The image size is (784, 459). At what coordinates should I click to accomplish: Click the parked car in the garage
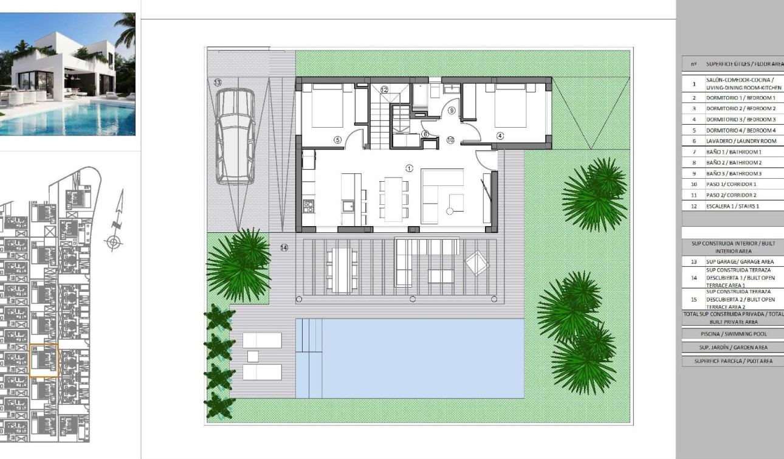click(235, 135)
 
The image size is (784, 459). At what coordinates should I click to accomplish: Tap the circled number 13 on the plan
click(217, 82)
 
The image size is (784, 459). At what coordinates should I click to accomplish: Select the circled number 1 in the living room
click(410, 168)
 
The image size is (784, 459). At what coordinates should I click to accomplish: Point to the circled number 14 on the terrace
click(284, 247)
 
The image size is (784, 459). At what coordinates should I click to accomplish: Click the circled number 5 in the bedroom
click(338, 140)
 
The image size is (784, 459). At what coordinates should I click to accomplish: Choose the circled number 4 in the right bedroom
click(500, 136)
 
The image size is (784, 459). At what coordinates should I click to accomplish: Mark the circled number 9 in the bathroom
click(452, 111)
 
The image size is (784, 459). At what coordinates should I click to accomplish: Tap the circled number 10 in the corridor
click(450, 140)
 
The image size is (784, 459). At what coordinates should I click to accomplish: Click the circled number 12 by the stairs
click(384, 89)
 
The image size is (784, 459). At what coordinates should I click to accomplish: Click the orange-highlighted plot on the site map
click(44, 361)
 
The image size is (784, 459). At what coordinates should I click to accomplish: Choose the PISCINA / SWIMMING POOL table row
click(733, 334)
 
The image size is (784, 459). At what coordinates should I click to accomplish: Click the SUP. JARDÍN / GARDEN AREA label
click(733, 347)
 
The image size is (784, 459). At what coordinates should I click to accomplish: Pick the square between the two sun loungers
click(253, 356)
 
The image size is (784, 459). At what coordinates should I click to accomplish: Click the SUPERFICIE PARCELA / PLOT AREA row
click(733, 361)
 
